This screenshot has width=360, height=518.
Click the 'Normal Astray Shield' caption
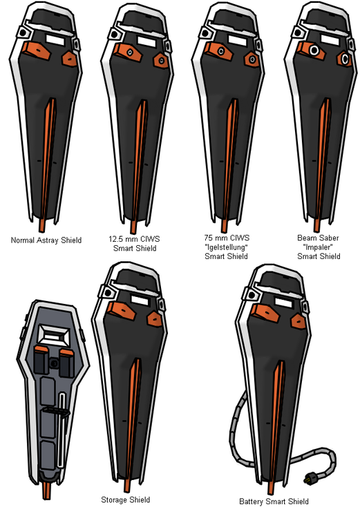[x=46, y=240]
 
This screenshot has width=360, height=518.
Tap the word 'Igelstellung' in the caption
[x=227, y=247]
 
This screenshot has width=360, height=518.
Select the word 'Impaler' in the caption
[x=318, y=247]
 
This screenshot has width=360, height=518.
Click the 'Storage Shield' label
[x=126, y=500]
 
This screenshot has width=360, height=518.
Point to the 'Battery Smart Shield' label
[x=274, y=501]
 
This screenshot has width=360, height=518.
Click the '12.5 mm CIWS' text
[x=134, y=239]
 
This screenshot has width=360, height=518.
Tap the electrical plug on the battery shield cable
[x=310, y=478]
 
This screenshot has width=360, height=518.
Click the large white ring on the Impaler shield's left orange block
[x=314, y=50]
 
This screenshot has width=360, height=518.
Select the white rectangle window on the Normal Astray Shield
[x=55, y=39]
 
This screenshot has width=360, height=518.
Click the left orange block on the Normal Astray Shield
[x=37, y=50]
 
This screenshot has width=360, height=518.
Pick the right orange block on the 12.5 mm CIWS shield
[x=161, y=61]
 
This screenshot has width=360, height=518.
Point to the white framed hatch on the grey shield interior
[x=54, y=335]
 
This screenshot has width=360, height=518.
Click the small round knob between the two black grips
[x=54, y=363]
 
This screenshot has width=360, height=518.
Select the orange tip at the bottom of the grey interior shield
[x=46, y=491]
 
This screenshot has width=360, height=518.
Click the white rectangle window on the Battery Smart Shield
[x=283, y=303]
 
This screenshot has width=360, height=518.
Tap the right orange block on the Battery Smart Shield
[x=299, y=321]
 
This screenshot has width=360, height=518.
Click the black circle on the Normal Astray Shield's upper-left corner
[x=23, y=32]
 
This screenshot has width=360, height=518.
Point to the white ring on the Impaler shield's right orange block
[x=345, y=59]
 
